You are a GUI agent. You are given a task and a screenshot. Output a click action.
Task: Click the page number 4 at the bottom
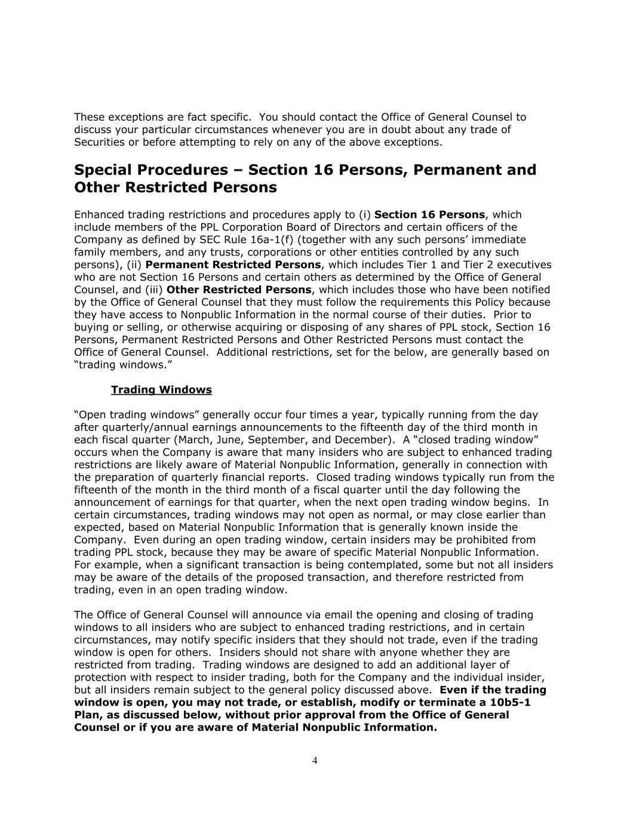[x=315, y=760]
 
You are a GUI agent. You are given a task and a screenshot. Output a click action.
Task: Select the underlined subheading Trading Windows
[x=161, y=390]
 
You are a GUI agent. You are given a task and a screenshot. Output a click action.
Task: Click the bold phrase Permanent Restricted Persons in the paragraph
[x=233, y=265]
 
